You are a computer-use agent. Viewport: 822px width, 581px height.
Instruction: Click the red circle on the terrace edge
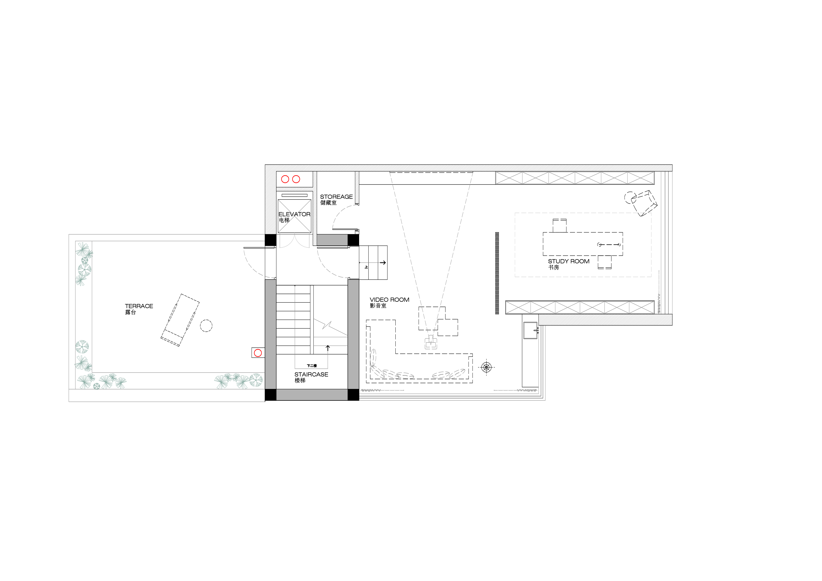point(258,353)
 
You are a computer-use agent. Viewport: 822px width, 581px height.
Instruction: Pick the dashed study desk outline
point(583,244)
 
